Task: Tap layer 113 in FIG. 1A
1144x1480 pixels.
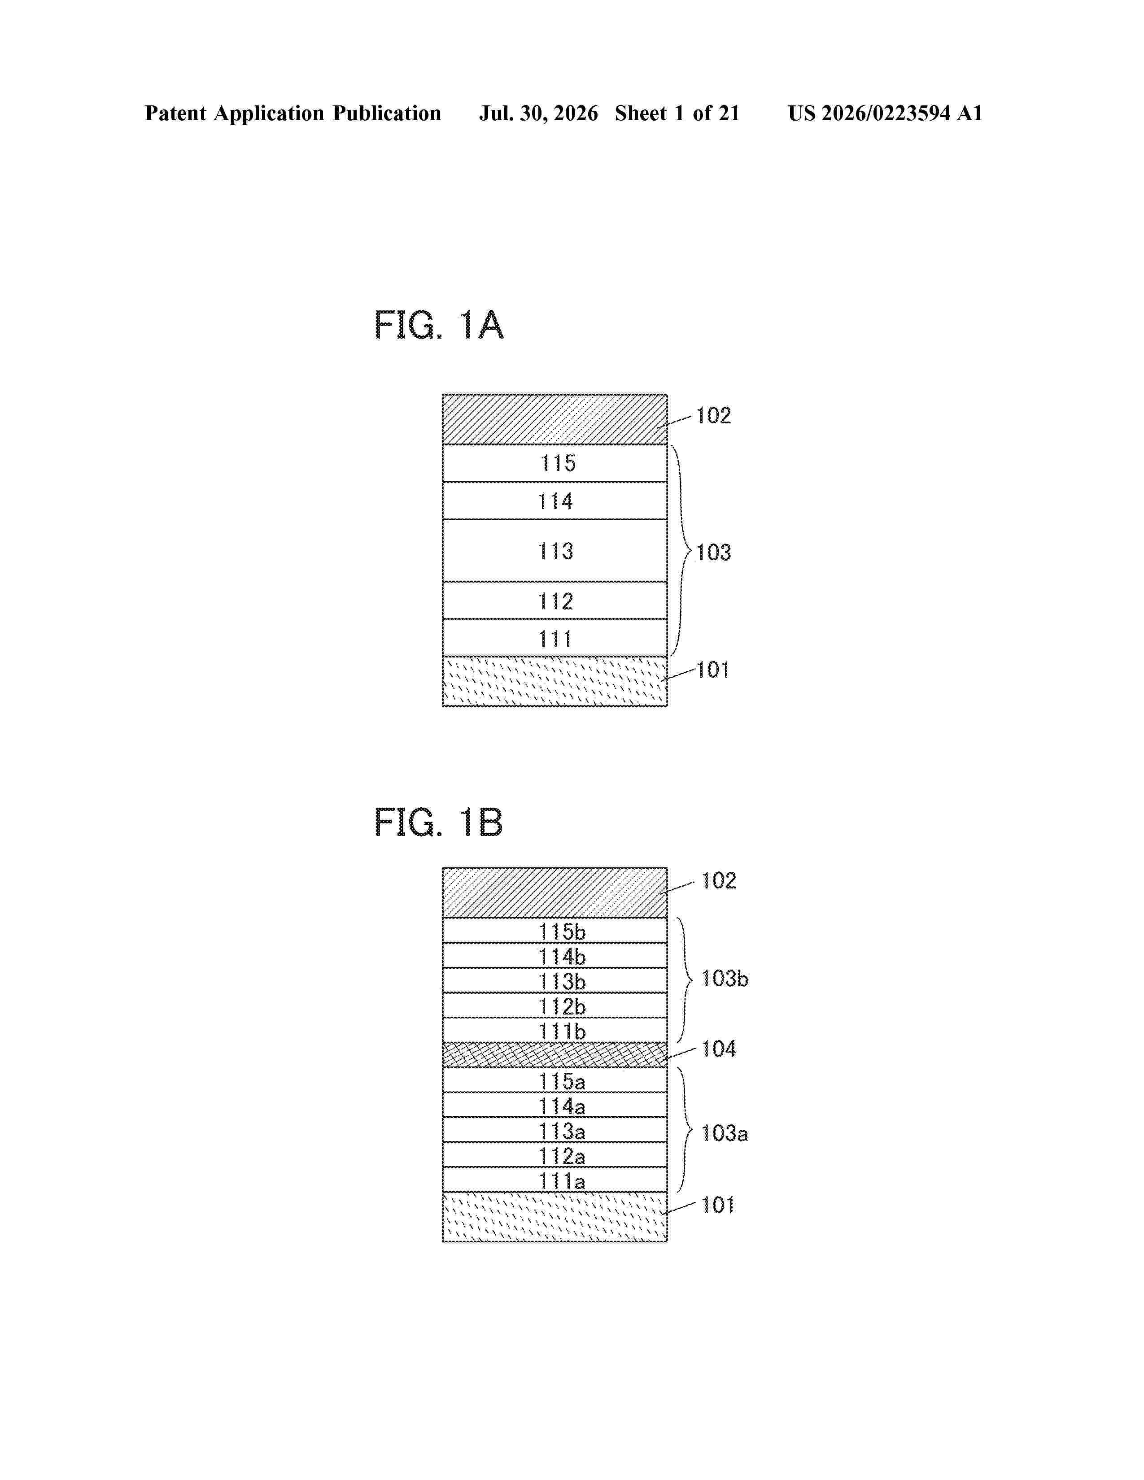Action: pos(555,550)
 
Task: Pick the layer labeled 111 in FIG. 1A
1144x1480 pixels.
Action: pos(555,638)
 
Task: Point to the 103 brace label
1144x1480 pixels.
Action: pos(714,552)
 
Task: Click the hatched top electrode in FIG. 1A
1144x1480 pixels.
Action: pos(555,419)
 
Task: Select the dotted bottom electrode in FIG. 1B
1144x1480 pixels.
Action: pos(555,1217)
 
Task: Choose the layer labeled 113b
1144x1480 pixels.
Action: pos(555,980)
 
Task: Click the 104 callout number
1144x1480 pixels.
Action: pos(718,1049)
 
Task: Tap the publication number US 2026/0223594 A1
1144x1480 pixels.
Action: pos(885,113)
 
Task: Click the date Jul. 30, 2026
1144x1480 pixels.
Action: pos(539,113)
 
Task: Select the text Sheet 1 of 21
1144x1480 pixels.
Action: pos(677,113)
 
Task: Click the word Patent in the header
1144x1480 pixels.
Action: pos(175,113)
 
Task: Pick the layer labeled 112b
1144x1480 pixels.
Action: pos(555,1006)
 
